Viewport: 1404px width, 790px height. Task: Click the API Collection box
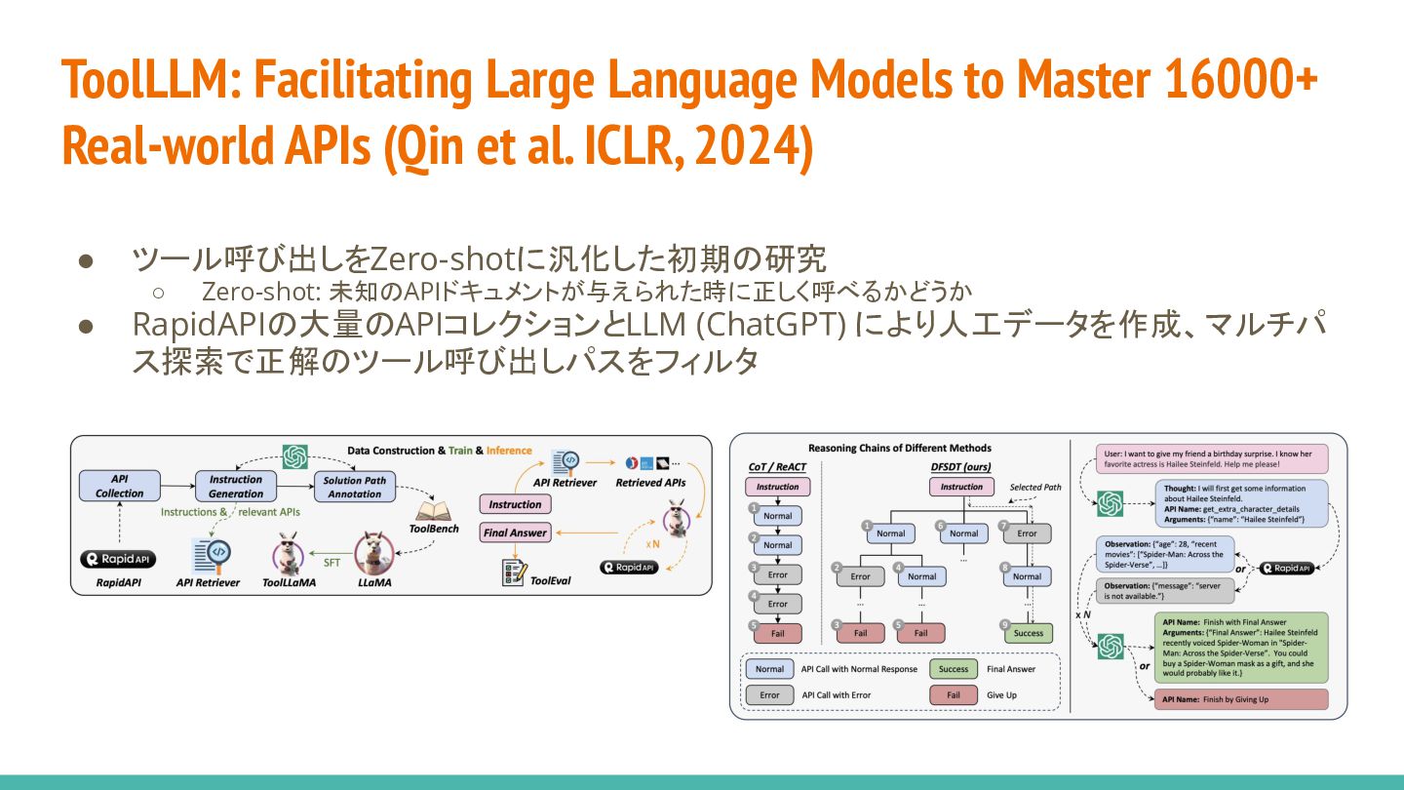(x=119, y=486)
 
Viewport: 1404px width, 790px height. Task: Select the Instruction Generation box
(x=235, y=486)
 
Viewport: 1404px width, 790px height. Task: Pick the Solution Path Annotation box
(x=355, y=487)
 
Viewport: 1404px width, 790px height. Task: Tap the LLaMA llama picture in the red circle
(x=373, y=554)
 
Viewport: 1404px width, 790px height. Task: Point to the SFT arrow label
(x=331, y=562)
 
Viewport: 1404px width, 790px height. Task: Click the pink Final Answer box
(x=515, y=533)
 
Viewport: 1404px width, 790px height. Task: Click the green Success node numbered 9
(x=1028, y=633)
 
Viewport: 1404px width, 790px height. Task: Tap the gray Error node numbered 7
(x=1028, y=533)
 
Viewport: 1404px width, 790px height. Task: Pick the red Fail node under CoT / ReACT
(x=777, y=633)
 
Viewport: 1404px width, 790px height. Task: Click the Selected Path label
(x=1035, y=487)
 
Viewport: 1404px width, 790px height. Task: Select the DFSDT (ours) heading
(x=961, y=467)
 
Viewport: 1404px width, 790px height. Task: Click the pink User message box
(x=1209, y=459)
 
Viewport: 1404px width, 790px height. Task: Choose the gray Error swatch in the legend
(x=769, y=695)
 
